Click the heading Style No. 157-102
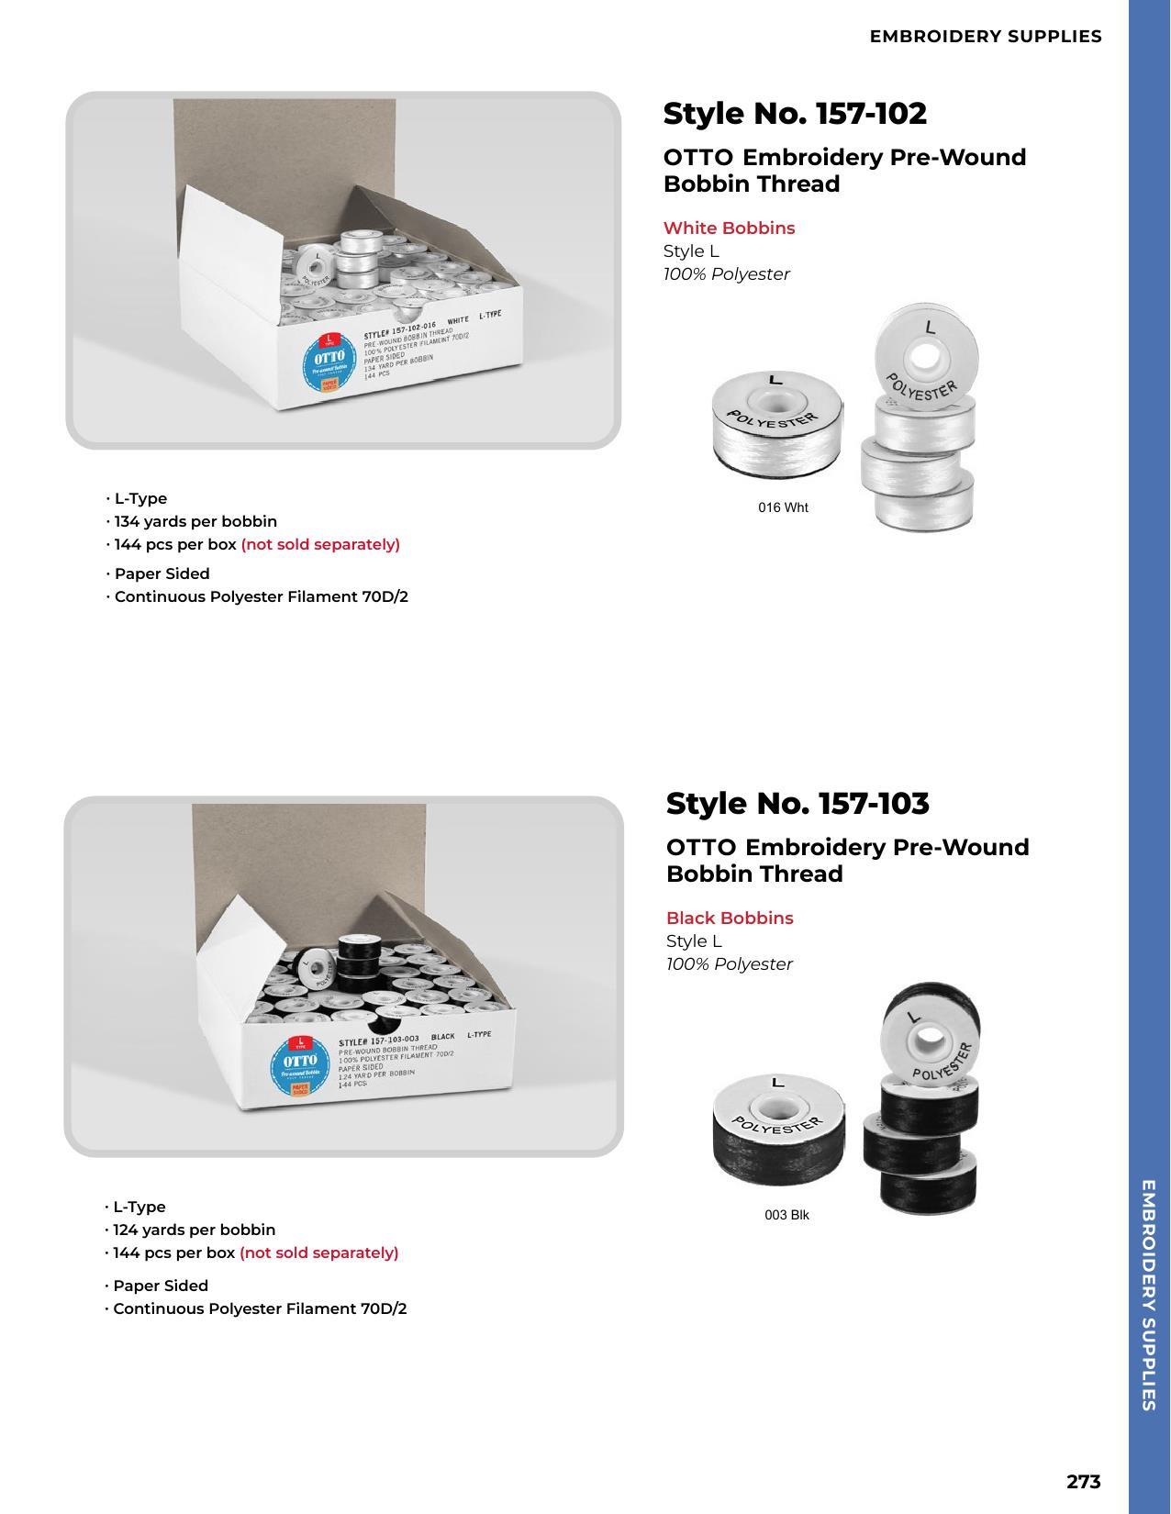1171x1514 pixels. [x=795, y=114]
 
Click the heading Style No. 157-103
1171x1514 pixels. [x=797, y=803]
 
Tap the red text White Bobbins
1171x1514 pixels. [x=729, y=228]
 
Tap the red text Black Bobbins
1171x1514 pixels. [x=730, y=918]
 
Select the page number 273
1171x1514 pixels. [x=1083, y=1481]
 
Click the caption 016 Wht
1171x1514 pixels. [x=783, y=507]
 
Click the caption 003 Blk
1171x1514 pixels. [x=786, y=1215]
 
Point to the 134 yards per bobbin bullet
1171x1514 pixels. [x=195, y=521]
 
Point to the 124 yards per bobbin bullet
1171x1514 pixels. [x=194, y=1230]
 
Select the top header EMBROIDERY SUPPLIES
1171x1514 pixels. [x=986, y=37]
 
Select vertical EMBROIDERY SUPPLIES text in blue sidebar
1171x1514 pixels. [x=1148, y=1294]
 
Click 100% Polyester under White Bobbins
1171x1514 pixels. [x=726, y=274]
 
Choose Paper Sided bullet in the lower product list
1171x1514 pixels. [x=160, y=1286]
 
